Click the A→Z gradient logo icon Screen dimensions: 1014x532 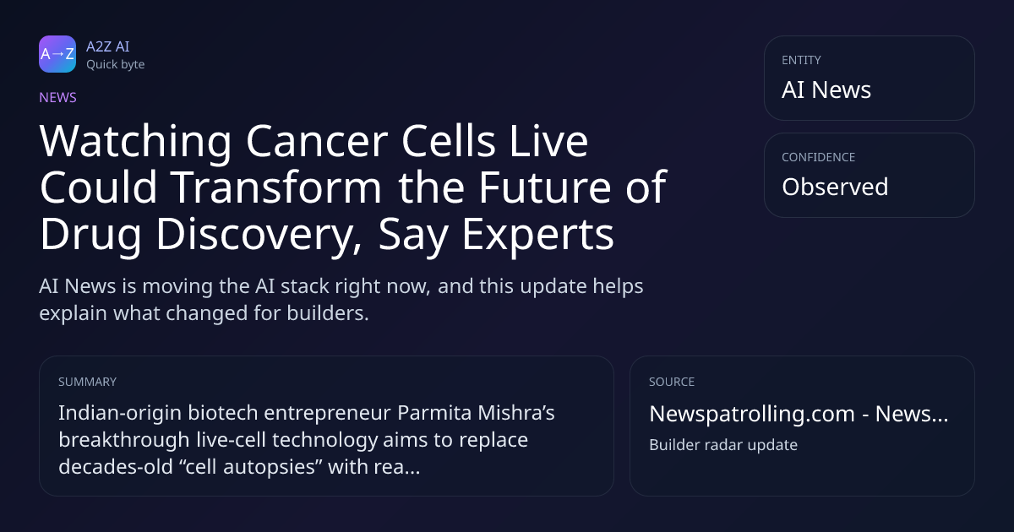57,54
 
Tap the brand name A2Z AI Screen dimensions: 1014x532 108,46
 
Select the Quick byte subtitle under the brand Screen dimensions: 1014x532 116,65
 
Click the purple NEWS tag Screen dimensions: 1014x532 58,97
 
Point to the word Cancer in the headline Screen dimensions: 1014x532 317,141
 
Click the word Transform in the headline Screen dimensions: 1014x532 276,187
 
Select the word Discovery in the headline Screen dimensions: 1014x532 259,234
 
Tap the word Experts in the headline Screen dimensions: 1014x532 537,234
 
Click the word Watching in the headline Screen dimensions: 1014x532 136,141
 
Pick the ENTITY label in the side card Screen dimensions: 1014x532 801,60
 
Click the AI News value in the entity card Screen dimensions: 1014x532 826,90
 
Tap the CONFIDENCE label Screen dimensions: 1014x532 819,157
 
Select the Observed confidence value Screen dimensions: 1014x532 835,187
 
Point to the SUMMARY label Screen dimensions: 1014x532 87,382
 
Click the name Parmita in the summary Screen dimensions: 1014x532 434,413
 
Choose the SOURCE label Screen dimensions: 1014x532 672,382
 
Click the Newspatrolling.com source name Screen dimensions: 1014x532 752,414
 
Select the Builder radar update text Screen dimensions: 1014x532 723,445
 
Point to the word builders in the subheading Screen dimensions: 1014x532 328,313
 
